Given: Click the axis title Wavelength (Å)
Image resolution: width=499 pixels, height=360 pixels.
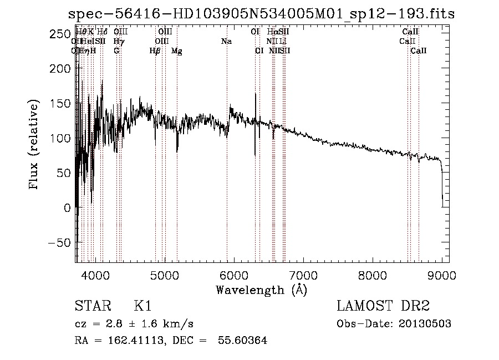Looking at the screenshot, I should (x=261, y=290).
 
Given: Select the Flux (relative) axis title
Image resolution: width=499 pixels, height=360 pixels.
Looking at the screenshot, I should (x=34, y=145).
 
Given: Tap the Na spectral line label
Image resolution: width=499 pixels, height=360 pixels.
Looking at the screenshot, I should (x=226, y=41).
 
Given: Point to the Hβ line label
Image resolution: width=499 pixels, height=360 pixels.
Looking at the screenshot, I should (x=155, y=50).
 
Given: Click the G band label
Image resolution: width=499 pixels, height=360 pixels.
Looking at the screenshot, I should (x=116, y=50).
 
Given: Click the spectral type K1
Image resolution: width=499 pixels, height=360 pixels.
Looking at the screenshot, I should (x=142, y=306).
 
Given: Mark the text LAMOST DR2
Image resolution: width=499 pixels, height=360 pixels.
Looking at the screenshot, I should (x=383, y=306).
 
